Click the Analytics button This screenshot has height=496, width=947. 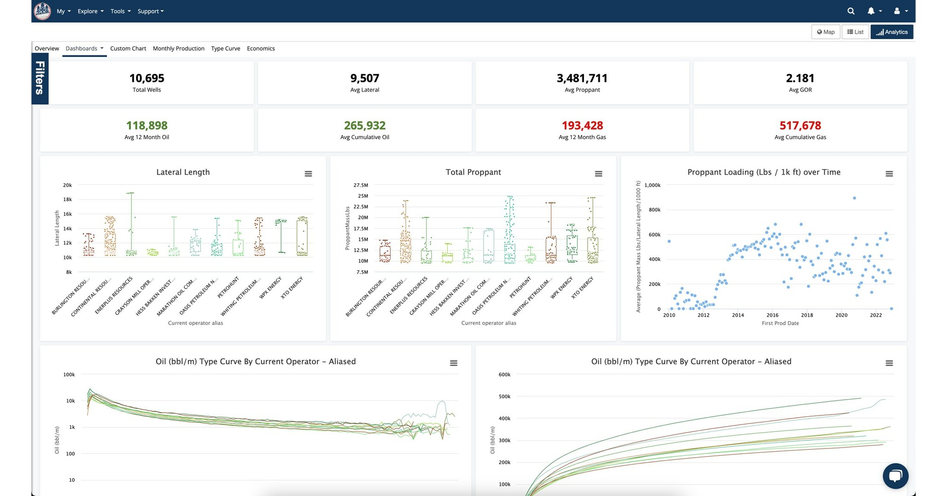[x=892, y=32]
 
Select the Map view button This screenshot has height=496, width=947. [x=825, y=32]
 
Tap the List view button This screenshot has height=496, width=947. [x=855, y=32]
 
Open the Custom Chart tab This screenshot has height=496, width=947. [x=128, y=48]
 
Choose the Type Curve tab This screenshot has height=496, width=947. [x=225, y=48]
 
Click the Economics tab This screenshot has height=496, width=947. [x=261, y=48]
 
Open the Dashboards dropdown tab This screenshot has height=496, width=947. [x=84, y=48]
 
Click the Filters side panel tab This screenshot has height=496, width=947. [x=40, y=78]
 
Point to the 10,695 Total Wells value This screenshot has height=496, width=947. [x=146, y=78]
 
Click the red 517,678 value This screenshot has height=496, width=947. [x=800, y=125]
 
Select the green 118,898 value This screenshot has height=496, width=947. [x=146, y=125]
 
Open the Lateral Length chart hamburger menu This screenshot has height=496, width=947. [x=308, y=174]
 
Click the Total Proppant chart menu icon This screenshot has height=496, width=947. [x=598, y=174]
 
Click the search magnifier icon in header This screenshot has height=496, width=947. [x=851, y=11]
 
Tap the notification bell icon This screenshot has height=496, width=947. [x=871, y=11]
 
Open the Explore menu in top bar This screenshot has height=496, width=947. [x=90, y=11]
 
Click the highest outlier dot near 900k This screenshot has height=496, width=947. [x=854, y=198]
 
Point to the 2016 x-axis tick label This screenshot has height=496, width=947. [x=772, y=315]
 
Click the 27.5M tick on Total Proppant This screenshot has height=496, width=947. [x=361, y=185]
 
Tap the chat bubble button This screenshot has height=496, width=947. [x=895, y=476]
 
